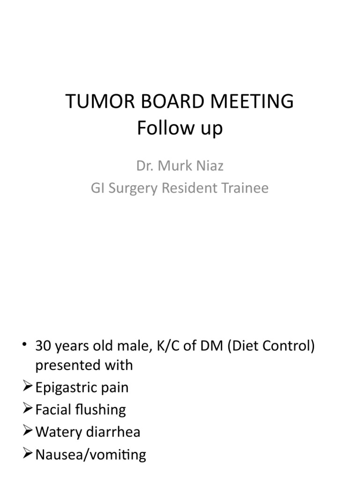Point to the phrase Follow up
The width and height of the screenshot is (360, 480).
click(x=180, y=128)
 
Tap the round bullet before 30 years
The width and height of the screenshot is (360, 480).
click(x=25, y=346)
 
